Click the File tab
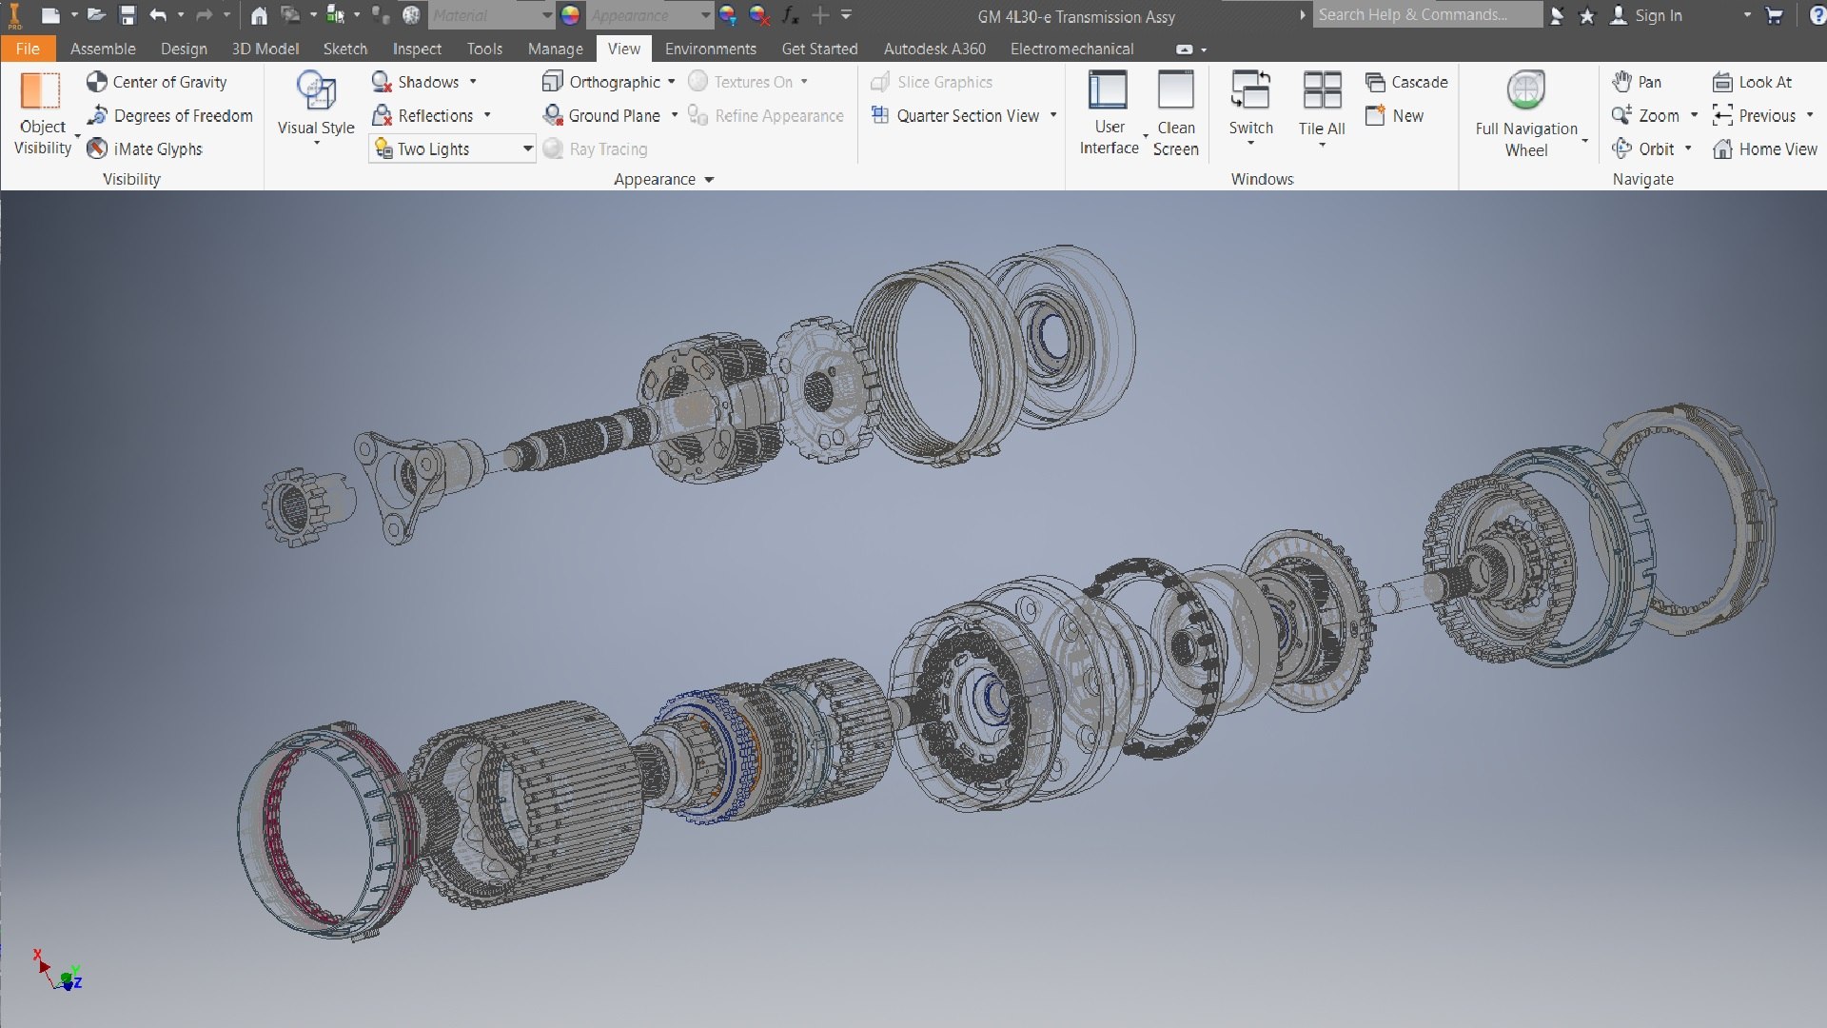[28, 49]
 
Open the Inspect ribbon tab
[417, 49]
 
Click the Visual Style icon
[316, 92]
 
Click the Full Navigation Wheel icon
[1525, 91]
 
